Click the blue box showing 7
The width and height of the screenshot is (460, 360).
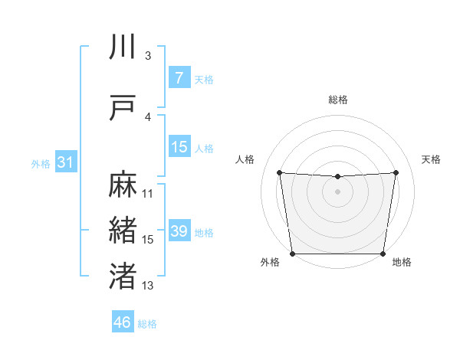tap(179, 78)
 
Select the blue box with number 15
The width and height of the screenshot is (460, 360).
tap(179, 147)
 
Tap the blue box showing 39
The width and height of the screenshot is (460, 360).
tap(179, 231)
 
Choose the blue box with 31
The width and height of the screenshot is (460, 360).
tap(65, 162)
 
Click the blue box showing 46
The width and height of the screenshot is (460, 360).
tap(122, 322)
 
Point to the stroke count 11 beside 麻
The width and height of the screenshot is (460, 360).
tap(148, 194)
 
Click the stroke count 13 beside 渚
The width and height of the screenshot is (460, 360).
tap(148, 286)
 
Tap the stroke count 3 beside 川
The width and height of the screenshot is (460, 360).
tap(148, 56)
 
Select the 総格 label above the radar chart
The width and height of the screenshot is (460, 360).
tap(337, 100)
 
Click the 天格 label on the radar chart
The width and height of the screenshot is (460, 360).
tap(431, 159)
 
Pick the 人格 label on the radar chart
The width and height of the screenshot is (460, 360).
tap(245, 159)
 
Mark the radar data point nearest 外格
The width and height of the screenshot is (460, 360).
tap(292, 254)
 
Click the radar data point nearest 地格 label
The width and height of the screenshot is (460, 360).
tap(383, 254)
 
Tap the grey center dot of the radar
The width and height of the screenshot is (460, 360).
tap(337, 191)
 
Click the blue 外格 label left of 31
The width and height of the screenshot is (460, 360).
tap(40, 163)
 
